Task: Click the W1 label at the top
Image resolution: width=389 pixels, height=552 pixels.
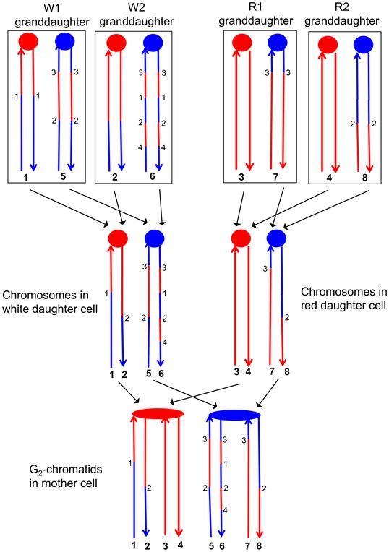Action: [x=51, y=8]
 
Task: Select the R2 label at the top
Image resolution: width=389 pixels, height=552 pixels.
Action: [x=341, y=7]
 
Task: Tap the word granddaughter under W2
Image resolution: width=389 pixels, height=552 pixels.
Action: [x=137, y=22]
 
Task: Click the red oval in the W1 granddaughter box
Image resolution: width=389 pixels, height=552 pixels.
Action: [x=28, y=41]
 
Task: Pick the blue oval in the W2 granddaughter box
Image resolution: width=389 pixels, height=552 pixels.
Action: [x=153, y=42]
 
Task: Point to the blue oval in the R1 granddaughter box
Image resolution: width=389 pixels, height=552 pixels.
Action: [x=278, y=43]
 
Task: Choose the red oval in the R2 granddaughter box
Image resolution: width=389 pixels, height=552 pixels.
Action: [x=328, y=45]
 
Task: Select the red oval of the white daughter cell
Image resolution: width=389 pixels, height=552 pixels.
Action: [x=118, y=238]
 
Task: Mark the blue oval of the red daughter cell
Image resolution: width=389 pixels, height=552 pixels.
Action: [x=277, y=238]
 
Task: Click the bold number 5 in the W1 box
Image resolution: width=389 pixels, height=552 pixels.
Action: [x=63, y=176]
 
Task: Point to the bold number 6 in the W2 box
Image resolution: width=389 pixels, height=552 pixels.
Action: [x=153, y=176]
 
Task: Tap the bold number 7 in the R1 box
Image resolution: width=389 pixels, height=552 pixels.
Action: [x=275, y=177]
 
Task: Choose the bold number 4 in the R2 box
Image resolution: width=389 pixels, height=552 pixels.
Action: [x=329, y=178]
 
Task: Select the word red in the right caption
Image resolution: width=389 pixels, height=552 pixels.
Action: [x=309, y=305]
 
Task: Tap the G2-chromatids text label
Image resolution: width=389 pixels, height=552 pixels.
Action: [x=66, y=469]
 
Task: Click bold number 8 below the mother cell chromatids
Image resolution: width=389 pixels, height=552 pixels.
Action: [x=260, y=545]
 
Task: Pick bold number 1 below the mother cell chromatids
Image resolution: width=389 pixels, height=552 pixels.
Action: [x=134, y=545]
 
